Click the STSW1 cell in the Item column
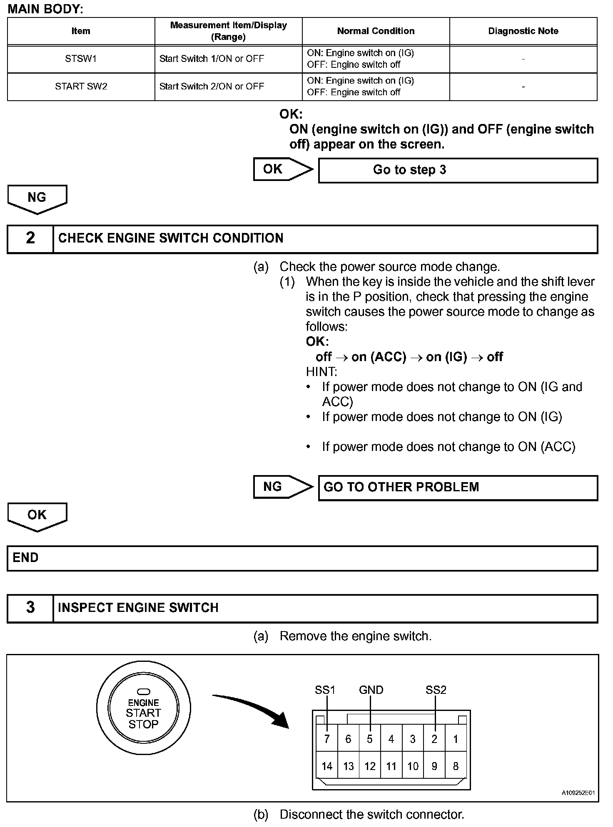click(81, 59)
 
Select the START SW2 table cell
click(81, 87)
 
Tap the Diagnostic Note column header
click(523, 31)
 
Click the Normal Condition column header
click(376, 31)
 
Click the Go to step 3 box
click(458, 170)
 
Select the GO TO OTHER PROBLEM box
click(458, 488)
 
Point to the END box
click(302, 558)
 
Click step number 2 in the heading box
click(30, 238)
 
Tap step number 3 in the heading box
click(30, 608)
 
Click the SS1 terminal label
click(325, 690)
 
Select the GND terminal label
click(371, 690)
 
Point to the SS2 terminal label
click(436, 690)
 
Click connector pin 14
click(327, 766)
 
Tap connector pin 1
click(456, 739)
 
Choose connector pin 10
click(413, 766)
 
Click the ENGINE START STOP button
click(143, 713)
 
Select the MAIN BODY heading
click(45, 9)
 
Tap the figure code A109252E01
click(578, 793)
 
